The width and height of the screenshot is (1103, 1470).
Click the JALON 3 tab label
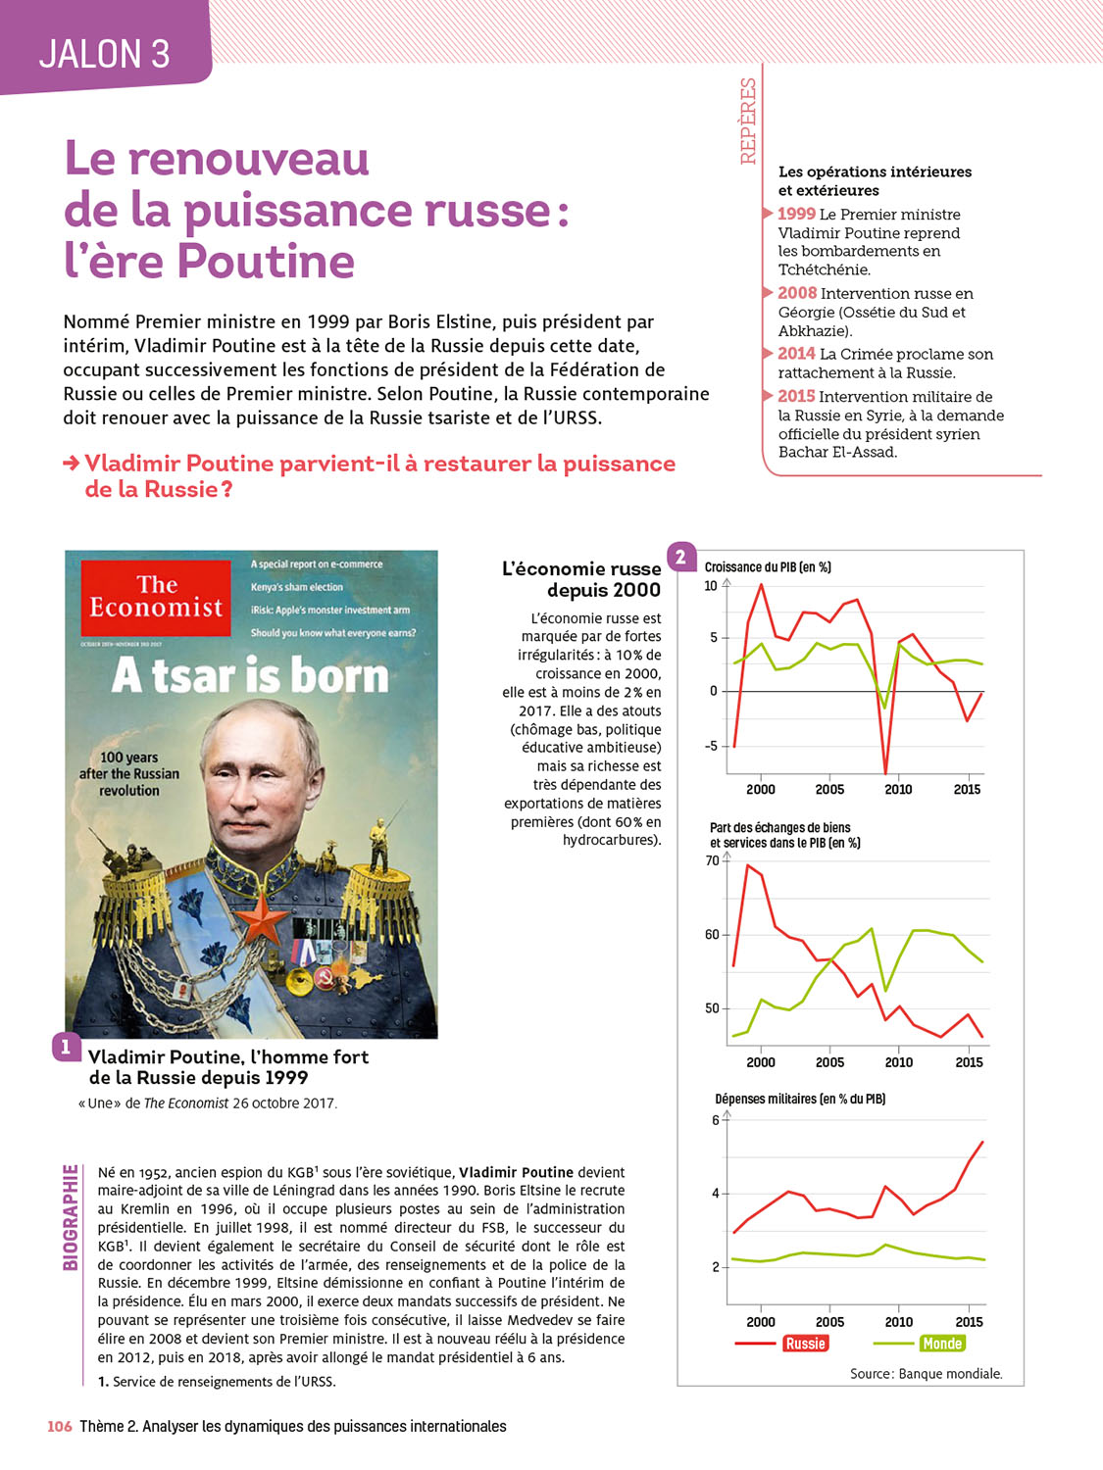(x=104, y=53)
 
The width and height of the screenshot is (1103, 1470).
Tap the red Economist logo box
(x=156, y=597)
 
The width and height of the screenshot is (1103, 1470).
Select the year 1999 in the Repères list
(x=796, y=214)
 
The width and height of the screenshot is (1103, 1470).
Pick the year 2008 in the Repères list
(x=797, y=293)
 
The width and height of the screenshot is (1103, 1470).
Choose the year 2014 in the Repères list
(x=797, y=354)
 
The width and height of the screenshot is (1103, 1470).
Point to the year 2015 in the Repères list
(x=797, y=396)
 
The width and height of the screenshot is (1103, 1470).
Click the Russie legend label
(x=805, y=1344)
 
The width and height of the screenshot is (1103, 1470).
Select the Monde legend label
(x=941, y=1344)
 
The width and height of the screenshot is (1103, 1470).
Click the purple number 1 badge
(x=66, y=1047)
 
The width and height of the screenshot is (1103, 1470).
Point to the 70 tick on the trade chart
(x=713, y=860)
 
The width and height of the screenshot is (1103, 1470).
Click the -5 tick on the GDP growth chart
(x=711, y=746)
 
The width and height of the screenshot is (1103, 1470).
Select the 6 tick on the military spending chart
(x=716, y=1120)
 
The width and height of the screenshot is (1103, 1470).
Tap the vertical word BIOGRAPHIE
(x=71, y=1217)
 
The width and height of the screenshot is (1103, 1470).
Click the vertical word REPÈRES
(x=748, y=121)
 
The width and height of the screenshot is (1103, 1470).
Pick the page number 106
(x=60, y=1427)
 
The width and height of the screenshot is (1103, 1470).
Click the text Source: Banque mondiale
(x=926, y=1374)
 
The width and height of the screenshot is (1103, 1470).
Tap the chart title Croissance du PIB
(x=768, y=567)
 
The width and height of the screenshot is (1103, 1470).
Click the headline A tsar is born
(x=251, y=676)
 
